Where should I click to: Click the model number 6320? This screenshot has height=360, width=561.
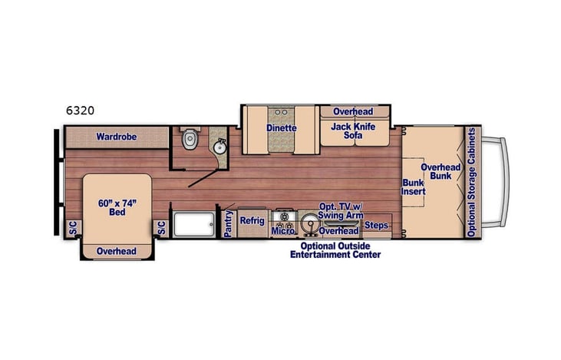click(80, 110)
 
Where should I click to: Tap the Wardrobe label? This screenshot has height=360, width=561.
click(116, 137)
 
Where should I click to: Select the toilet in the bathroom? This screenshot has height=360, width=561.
click(190, 139)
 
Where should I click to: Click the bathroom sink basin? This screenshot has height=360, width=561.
click(219, 147)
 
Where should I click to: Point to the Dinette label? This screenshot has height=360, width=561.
click(282, 127)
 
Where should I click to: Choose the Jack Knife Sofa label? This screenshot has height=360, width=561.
click(353, 131)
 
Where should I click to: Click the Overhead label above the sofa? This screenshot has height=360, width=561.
click(353, 111)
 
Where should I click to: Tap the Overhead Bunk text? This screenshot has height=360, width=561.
click(441, 171)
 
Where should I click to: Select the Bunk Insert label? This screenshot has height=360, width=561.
click(413, 188)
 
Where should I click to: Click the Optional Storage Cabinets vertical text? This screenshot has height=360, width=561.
click(472, 183)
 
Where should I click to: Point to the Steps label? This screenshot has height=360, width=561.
click(376, 225)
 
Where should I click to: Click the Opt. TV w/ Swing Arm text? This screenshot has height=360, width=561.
click(341, 211)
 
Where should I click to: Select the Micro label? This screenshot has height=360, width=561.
click(282, 230)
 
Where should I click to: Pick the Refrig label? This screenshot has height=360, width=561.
click(252, 220)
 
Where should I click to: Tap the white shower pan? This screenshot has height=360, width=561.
click(194, 225)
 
